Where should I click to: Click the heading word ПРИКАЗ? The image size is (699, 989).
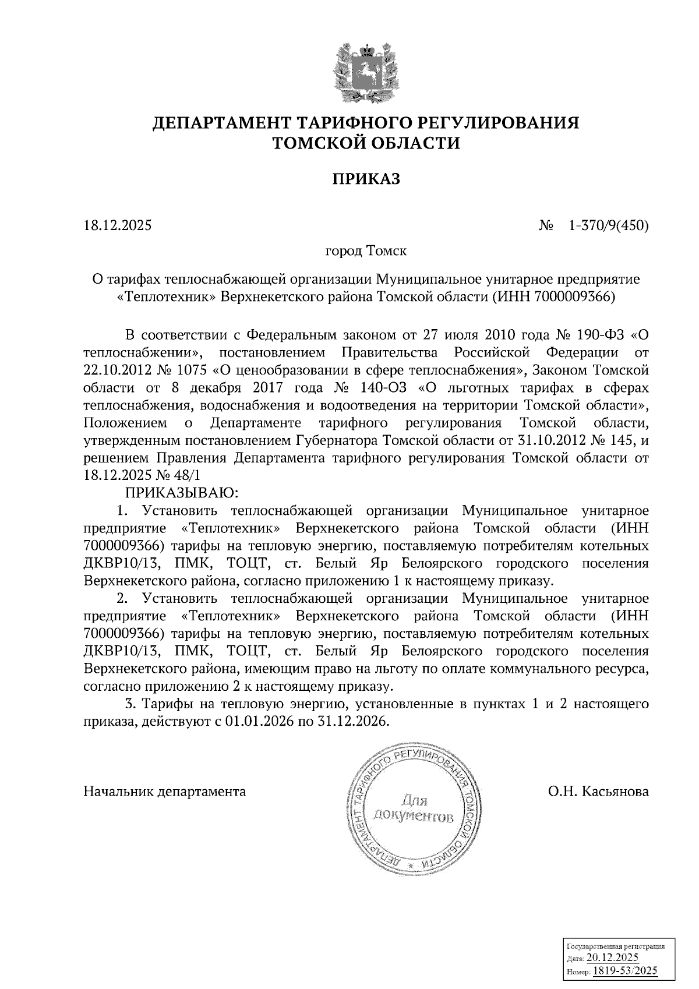click(x=366, y=179)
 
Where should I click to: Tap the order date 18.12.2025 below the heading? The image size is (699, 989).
click(x=118, y=225)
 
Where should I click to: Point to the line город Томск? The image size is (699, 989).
click(x=366, y=252)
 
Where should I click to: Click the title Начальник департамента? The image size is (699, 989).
click(x=165, y=792)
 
